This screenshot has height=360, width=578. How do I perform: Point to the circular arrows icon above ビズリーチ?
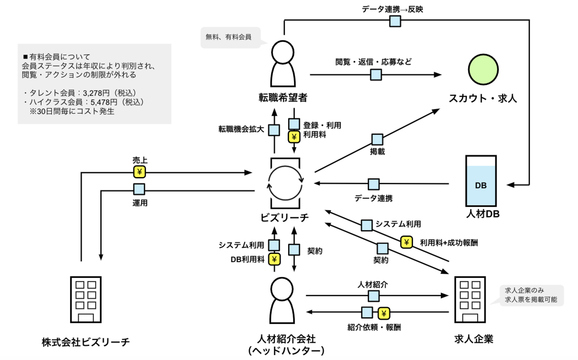tap(285, 181)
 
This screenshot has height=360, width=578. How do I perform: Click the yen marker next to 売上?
tap(139, 172)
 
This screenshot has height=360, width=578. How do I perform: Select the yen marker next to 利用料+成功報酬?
tap(406, 243)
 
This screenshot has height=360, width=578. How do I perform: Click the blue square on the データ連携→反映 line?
tap(396, 21)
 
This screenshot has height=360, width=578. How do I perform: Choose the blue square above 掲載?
tap(377, 139)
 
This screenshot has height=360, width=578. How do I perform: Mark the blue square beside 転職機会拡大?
tap(274, 130)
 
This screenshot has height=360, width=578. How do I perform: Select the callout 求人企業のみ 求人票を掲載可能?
tap(531, 295)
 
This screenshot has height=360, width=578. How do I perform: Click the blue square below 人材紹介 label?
tap(373, 296)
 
